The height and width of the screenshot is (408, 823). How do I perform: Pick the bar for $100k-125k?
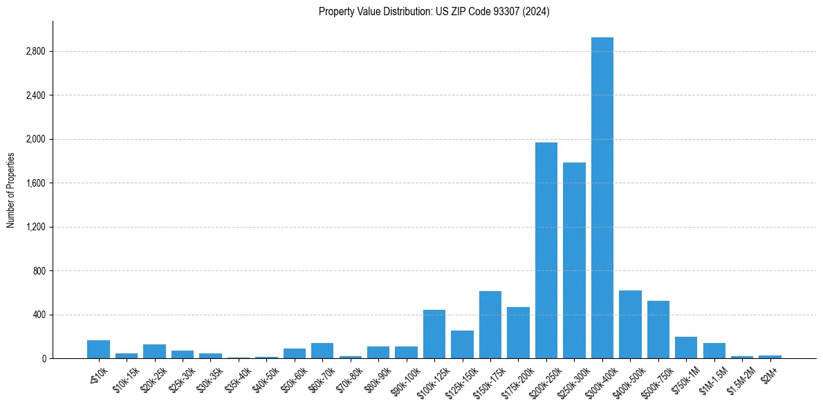click(x=434, y=334)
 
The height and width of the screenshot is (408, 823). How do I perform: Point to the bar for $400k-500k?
click(x=630, y=324)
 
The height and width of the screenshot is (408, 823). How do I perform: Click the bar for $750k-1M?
click(x=686, y=348)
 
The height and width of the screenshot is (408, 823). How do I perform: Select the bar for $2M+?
click(x=770, y=357)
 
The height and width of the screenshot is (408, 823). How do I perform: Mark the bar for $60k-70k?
click(x=322, y=351)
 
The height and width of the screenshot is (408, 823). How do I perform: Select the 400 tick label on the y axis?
click(x=39, y=315)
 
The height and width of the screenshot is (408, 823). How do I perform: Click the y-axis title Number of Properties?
click(x=10, y=190)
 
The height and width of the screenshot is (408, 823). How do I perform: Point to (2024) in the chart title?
click(x=537, y=12)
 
